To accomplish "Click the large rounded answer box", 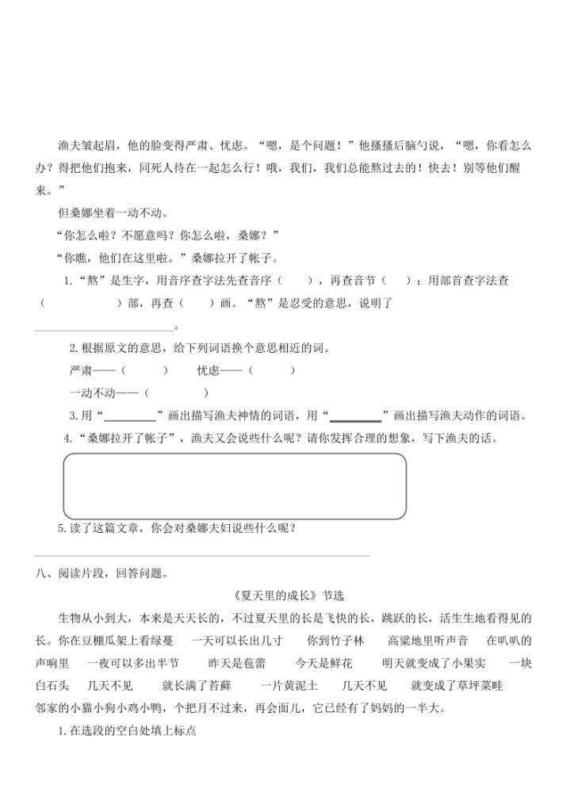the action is (235, 486).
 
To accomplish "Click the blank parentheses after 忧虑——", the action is (273, 370).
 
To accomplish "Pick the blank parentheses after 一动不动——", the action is (178, 393).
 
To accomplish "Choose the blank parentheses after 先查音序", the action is (298, 282).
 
